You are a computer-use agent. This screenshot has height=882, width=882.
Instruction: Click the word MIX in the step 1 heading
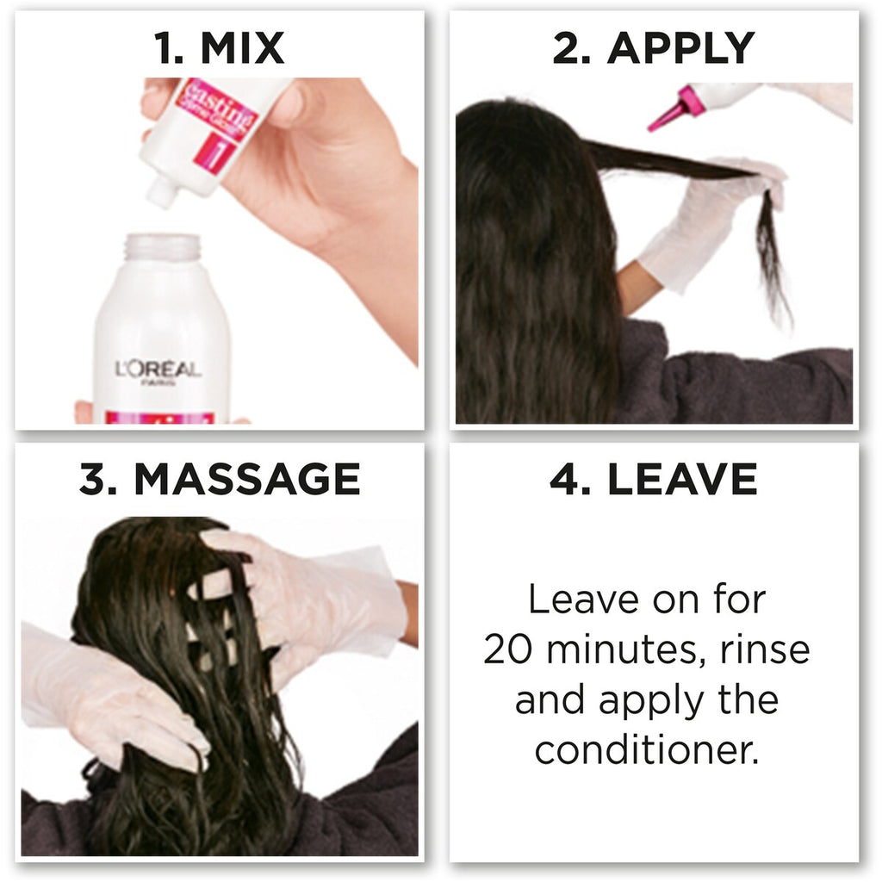242,48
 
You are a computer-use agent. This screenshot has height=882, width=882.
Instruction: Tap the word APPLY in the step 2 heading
680,48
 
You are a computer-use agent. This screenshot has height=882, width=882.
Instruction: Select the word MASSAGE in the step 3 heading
247,479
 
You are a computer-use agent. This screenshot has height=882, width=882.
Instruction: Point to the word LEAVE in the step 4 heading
682,479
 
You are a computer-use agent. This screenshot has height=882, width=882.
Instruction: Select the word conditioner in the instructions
646,750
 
